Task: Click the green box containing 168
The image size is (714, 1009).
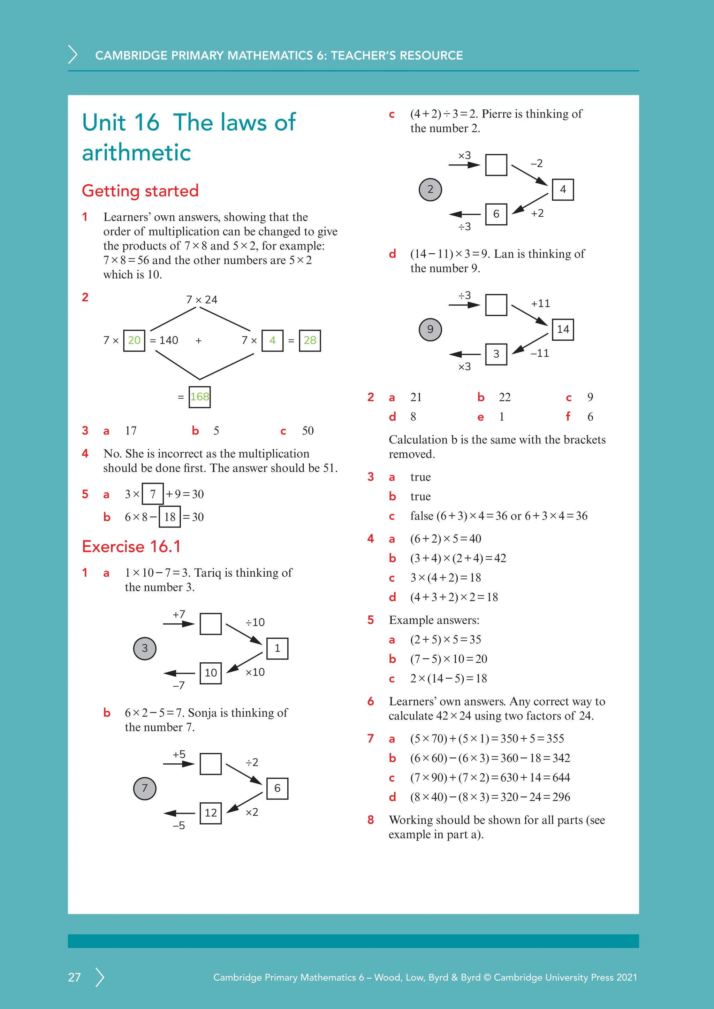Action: tap(200, 397)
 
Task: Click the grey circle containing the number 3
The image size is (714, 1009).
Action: tap(145, 648)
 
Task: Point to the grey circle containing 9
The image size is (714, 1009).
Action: tap(430, 329)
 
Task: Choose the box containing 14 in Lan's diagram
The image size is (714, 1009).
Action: tap(563, 329)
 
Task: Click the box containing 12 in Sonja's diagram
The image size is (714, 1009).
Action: tap(211, 812)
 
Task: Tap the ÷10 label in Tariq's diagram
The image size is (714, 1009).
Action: tap(255, 622)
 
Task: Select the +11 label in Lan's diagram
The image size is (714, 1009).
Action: tap(540, 303)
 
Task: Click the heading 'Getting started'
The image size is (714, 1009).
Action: tap(140, 191)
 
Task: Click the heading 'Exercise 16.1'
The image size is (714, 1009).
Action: tap(131, 546)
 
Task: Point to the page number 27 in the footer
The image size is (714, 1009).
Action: tap(74, 977)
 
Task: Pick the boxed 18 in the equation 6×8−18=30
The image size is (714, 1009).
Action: tap(170, 517)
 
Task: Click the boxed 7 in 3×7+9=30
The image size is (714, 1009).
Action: tap(153, 494)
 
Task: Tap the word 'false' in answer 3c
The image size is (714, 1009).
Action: tap(421, 516)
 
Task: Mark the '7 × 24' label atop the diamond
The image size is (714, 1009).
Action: tap(202, 300)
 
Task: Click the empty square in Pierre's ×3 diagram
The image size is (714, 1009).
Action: tap(496, 165)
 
